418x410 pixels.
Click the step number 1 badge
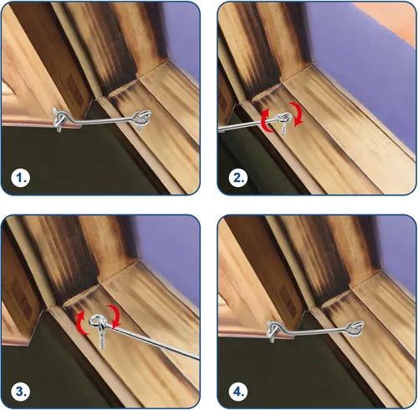(21, 177)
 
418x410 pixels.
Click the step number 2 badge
(238, 177)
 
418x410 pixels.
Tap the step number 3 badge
(21, 392)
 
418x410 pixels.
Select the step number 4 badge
(238, 392)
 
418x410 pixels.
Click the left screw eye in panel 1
(60, 119)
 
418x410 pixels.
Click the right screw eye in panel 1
(142, 119)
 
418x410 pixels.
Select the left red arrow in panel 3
(82, 322)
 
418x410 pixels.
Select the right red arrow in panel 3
(115, 316)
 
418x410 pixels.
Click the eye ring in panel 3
(98, 322)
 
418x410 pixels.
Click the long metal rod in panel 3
(156, 344)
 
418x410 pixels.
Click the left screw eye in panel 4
(274, 332)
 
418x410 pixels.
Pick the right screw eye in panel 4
(355, 329)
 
